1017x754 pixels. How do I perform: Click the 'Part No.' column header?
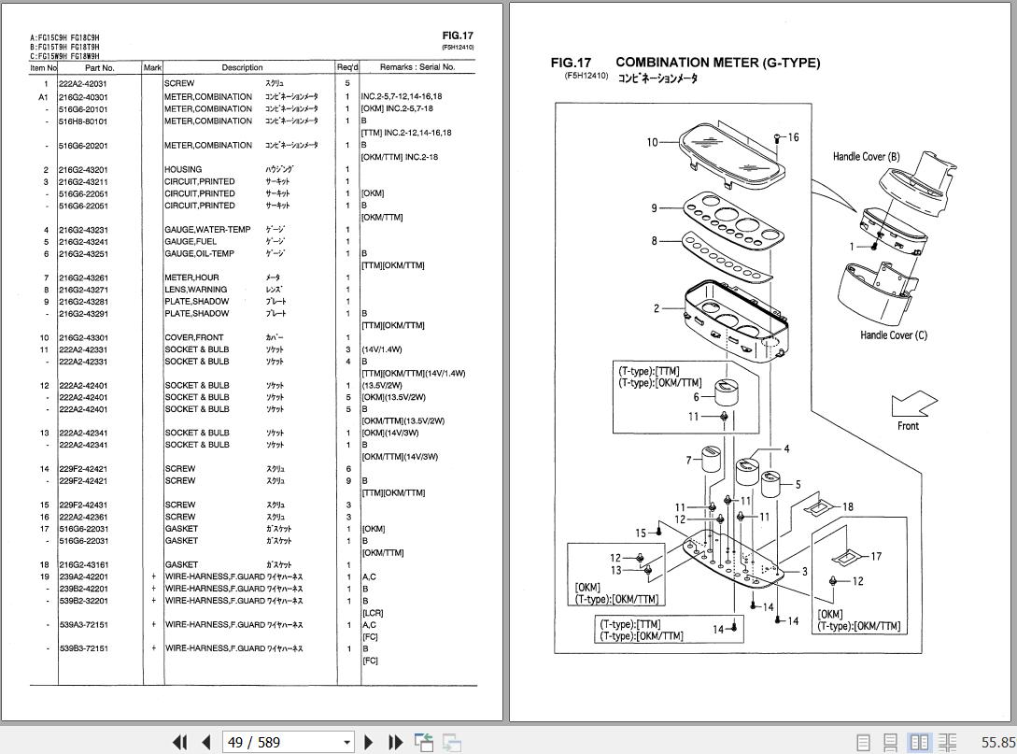click(99, 67)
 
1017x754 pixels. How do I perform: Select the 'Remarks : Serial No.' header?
click(417, 67)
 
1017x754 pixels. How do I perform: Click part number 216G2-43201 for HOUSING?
click(83, 170)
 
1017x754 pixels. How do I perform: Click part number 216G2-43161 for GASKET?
click(83, 565)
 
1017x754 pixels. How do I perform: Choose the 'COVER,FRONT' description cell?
click(194, 337)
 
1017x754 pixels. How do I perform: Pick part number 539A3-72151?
click(83, 625)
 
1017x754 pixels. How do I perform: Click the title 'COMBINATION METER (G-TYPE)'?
click(717, 63)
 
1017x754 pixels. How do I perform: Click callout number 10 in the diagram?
click(652, 142)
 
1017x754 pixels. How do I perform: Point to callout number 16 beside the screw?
click(793, 137)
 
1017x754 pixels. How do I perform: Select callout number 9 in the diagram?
click(655, 207)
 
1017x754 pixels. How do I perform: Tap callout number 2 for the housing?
click(657, 308)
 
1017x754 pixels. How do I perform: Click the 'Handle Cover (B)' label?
click(866, 157)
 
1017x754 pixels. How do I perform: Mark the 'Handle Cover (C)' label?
click(894, 334)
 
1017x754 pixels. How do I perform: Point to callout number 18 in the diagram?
click(847, 507)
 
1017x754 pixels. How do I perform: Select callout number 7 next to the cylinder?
click(688, 460)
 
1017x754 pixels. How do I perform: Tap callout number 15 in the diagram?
click(641, 533)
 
